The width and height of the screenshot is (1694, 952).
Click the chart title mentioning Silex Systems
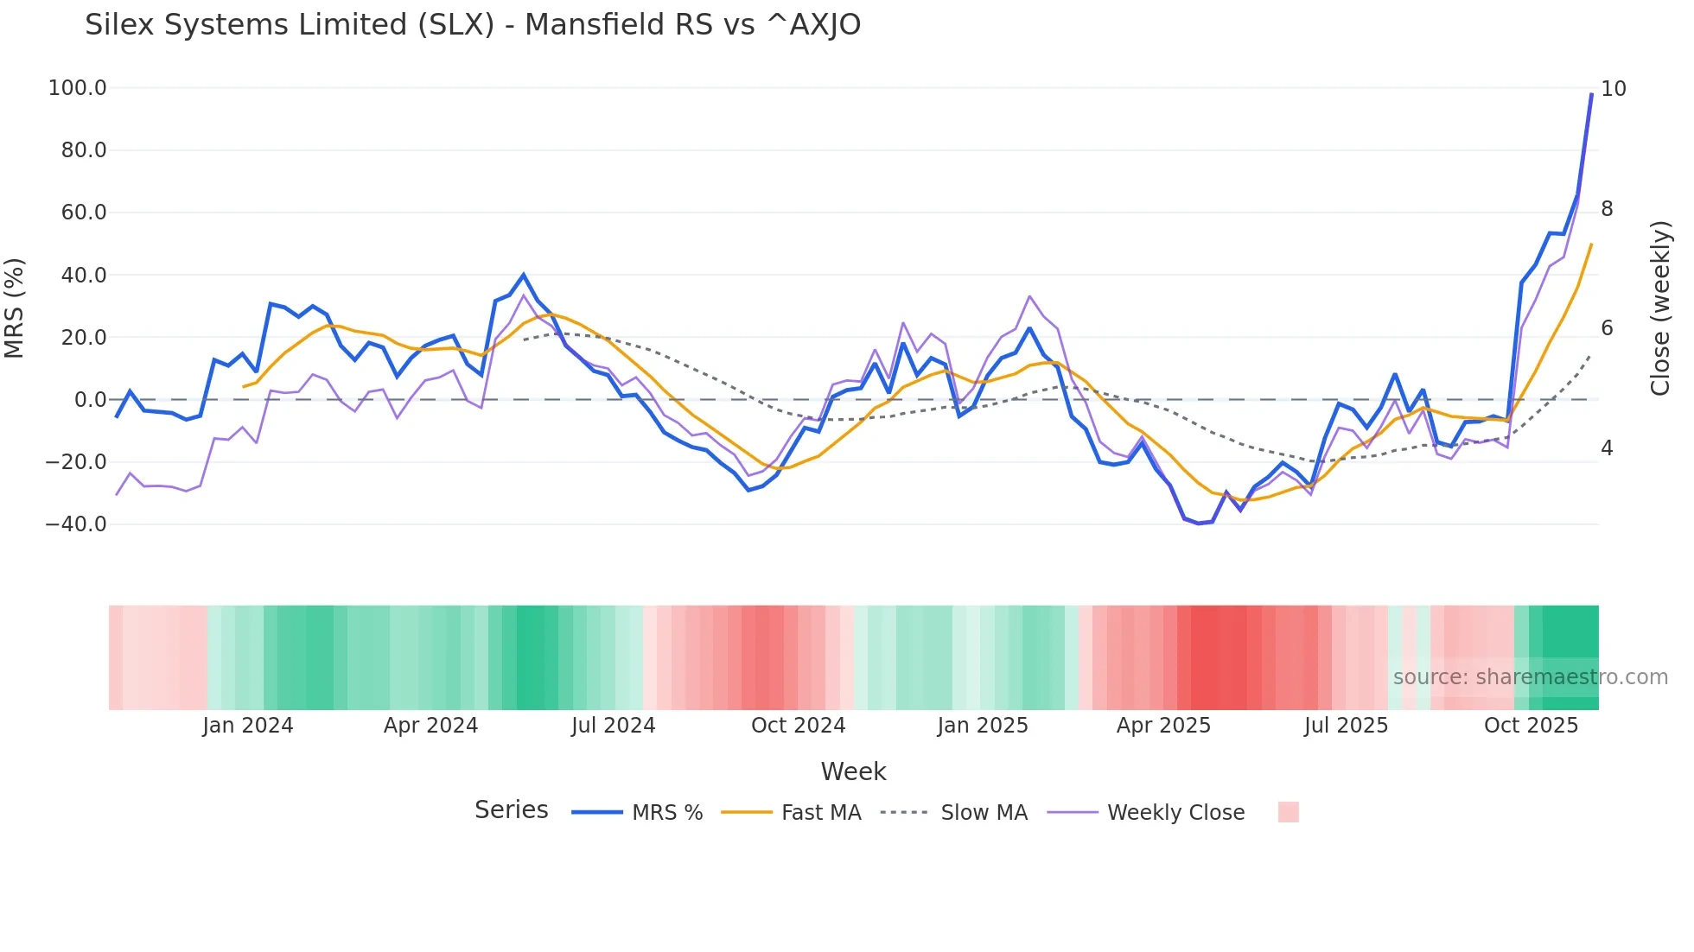click(473, 25)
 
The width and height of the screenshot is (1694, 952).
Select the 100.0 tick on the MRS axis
click(78, 88)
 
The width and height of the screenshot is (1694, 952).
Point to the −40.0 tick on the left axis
click(76, 524)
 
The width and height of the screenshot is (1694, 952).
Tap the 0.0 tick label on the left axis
click(90, 400)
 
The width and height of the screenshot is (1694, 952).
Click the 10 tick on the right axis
click(1613, 89)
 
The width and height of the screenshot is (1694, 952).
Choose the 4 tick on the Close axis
click(1607, 448)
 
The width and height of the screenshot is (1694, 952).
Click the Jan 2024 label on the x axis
click(248, 726)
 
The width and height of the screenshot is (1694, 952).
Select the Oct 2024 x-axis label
click(798, 726)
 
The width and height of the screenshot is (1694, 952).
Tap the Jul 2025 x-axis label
click(1346, 726)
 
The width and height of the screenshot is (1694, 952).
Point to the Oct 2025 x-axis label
click(1531, 726)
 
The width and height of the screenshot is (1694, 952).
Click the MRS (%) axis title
click(15, 308)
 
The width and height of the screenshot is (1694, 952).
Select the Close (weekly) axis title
click(1659, 308)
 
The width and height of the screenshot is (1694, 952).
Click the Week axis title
click(853, 771)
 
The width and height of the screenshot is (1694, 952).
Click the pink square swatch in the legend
click(1288, 812)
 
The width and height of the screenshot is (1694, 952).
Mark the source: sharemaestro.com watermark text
click(1530, 677)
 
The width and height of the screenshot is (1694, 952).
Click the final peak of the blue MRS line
click(1591, 94)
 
